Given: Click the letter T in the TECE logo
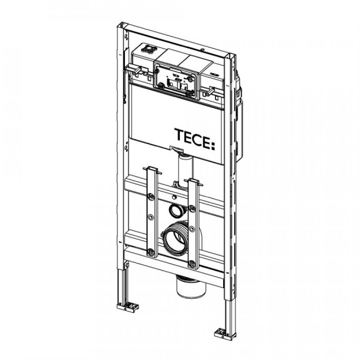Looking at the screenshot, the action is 179,135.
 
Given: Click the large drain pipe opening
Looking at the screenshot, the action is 175,239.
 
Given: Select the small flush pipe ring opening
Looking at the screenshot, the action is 175,211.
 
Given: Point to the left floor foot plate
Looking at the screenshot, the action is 128,307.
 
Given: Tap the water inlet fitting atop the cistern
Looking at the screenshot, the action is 149,50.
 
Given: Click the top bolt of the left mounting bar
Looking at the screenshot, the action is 151,197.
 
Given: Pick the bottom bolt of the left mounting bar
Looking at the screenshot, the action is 151,252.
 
